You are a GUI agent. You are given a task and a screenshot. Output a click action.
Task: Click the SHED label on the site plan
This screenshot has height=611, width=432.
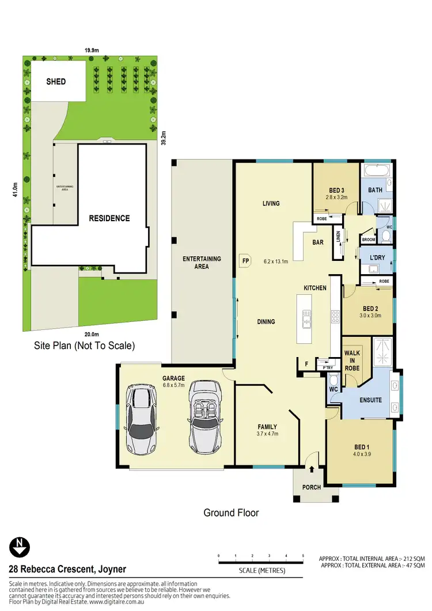pos(56,82)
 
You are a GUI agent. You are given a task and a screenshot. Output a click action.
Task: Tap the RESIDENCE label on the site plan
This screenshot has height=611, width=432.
pos(109,218)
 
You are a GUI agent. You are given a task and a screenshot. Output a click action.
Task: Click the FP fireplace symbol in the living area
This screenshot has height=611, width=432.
pos(244,260)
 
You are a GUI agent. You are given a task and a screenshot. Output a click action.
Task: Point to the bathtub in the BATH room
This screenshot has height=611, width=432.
pos(375,171)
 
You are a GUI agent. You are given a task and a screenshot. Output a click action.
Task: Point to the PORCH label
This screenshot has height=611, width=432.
pos(312,487)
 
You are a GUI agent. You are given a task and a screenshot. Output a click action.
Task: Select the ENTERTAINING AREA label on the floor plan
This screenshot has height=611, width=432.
pos(202,263)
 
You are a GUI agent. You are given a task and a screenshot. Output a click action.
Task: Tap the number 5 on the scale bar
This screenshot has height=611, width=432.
pos(303,556)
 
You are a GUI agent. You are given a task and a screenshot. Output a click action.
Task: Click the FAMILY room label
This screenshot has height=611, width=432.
pos(267,427)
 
